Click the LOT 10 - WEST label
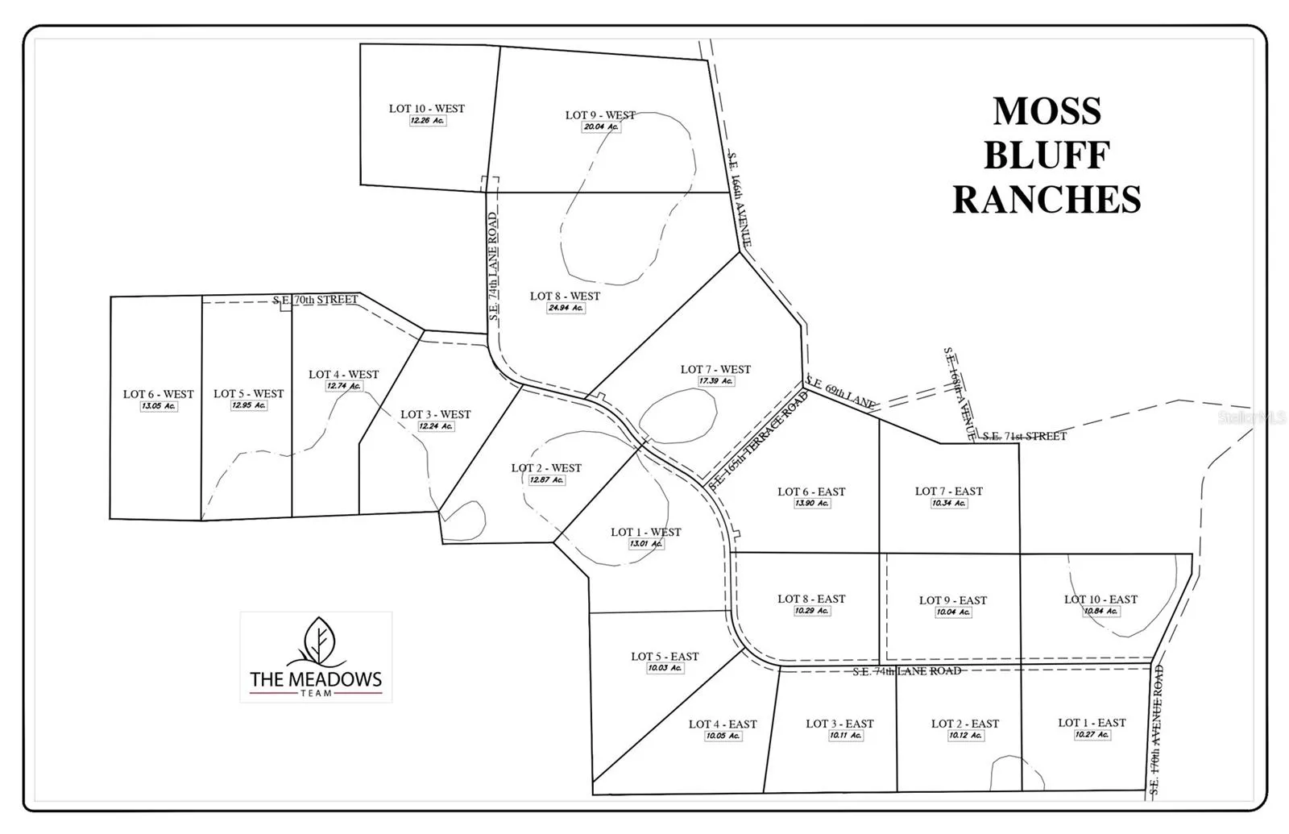[x=426, y=109]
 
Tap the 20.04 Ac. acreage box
[x=601, y=127]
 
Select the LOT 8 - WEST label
[x=565, y=296]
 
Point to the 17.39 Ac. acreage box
[x=715, y=381]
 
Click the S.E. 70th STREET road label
[x=315, y=300]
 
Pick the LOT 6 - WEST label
[x=158, y=394]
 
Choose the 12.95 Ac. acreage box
[x=248, y=405]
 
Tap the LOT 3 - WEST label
[x=435, y=414]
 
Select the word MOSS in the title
[x=1047, y=111]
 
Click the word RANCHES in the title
[x=1047, y=200]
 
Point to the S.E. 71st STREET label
[x=1024, y=436]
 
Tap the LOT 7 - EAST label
[x=948, y=491]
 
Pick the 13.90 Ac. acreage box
[x=811, y=503]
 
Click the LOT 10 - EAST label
[x=1100, y=599]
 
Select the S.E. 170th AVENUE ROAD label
[x=1157, y=730]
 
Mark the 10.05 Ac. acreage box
[x=723, y=736]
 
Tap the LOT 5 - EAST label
[x=665, y=656]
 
